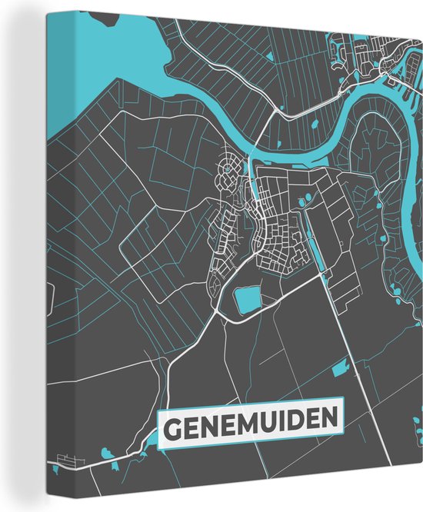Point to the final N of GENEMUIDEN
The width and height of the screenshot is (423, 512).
click(329, 420)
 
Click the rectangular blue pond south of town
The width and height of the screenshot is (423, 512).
click(248, 299)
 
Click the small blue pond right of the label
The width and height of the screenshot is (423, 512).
click(340, 373)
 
